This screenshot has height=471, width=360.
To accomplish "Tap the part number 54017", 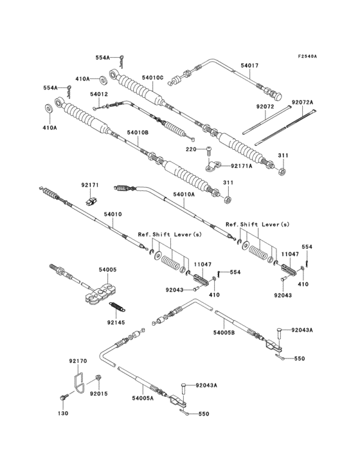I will (249, 65).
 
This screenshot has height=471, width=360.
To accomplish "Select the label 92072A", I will (301, 102).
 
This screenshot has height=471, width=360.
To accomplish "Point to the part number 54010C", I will (152, 78).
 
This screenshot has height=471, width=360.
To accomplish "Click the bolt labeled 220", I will (209, 152).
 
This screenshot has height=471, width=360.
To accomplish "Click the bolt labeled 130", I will (63, 398).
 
